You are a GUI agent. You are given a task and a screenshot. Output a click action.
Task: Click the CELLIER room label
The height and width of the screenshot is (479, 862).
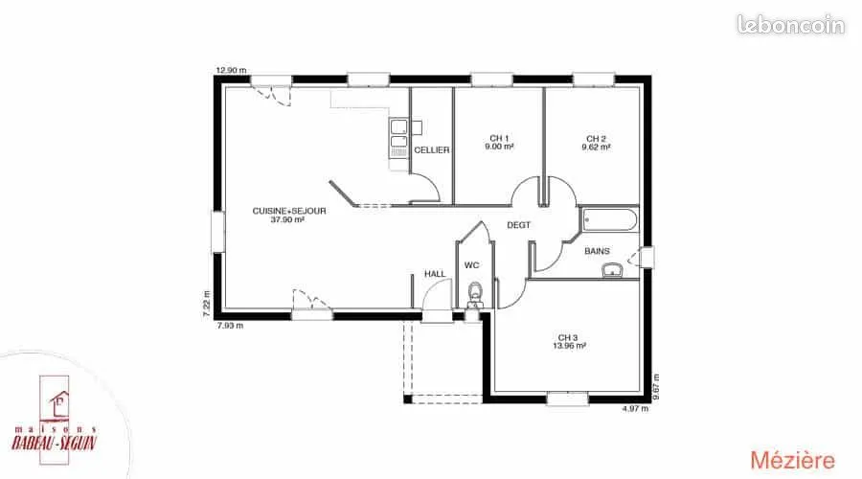point(432,150)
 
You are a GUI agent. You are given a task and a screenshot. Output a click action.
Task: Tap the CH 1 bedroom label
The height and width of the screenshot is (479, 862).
point(499,139)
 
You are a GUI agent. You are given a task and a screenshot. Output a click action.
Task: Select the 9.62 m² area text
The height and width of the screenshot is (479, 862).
point(596,148)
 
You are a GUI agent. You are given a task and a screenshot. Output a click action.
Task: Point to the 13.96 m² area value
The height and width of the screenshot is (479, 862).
point(569,346)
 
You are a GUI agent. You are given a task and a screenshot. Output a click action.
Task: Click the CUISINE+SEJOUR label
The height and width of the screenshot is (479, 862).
point(289,211)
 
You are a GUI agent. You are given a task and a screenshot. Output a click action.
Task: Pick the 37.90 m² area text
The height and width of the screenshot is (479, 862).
point(287,219)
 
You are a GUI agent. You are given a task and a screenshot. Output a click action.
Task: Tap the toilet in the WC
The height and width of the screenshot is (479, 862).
point(474,294)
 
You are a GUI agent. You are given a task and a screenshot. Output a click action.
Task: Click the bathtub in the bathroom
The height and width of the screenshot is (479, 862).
point(609,220)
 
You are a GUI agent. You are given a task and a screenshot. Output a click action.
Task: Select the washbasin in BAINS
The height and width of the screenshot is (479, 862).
point(612,270)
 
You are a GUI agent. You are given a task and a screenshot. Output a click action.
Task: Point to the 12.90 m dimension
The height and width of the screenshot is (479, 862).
point(231,70)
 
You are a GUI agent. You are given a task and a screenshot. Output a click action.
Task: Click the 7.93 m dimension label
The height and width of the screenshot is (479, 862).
point(230,326)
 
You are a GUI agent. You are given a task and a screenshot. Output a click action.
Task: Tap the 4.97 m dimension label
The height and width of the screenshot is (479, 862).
point(635,409)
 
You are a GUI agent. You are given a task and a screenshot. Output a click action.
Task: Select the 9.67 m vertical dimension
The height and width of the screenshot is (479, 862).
point(655,387)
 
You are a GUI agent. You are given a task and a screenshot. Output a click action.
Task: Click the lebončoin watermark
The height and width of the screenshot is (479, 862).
point(790,25)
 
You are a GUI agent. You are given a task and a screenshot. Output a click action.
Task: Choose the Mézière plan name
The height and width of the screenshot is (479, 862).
point(792,460)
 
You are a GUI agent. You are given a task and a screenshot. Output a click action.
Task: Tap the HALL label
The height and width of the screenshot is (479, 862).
point(435,274)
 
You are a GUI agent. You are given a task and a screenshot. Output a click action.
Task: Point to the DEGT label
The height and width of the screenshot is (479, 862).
point(518,225)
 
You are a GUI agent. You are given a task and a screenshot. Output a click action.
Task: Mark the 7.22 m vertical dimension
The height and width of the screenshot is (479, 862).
point(207,304)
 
